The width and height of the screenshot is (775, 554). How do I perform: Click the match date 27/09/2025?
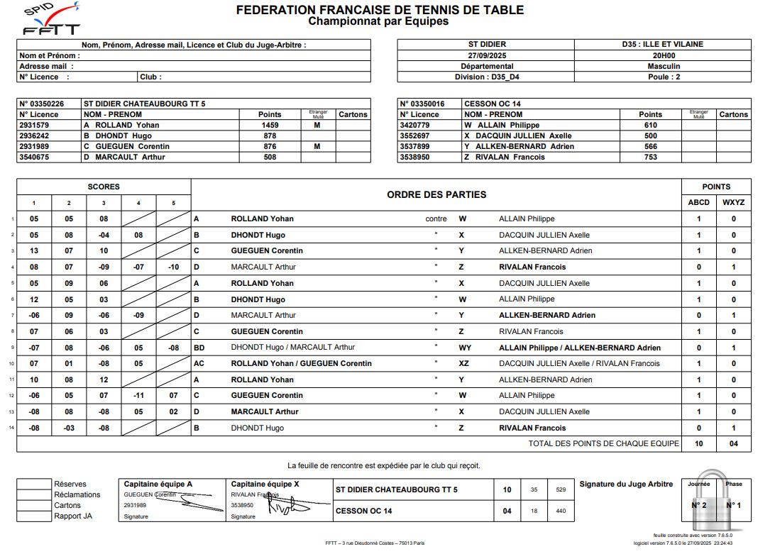(486, 55)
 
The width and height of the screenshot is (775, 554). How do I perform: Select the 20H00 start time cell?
(664, 55)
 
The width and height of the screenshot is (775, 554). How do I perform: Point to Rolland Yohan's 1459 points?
(270, 125)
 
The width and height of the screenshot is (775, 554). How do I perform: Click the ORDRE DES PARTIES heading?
(436, 194)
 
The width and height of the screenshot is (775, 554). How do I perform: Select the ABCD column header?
(698, 202)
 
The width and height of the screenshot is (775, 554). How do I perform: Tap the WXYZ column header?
(734, 202)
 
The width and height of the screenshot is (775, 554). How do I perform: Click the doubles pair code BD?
(199, 348)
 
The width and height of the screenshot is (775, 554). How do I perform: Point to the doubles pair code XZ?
(463, 364)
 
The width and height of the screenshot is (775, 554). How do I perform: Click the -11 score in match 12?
(138, 396)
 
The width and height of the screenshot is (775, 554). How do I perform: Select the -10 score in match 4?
(174, 267)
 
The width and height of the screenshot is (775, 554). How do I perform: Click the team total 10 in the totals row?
(698, 444)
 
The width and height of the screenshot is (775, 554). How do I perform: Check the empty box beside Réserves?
(34, 484)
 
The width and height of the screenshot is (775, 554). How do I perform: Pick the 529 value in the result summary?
(561, 490)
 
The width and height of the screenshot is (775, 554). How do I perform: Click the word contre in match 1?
(436, 219)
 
